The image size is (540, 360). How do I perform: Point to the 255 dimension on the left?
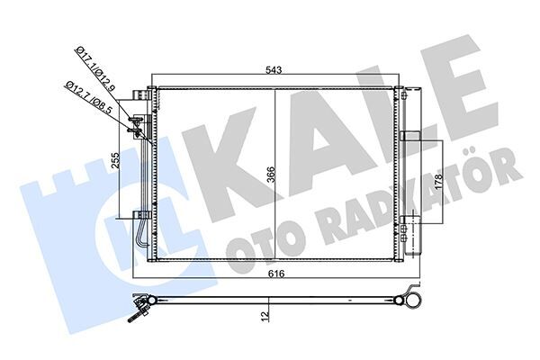tap(116, 162)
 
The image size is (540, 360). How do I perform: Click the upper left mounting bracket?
tap(139, 95)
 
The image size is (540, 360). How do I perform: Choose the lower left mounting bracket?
tap(139, 214)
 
